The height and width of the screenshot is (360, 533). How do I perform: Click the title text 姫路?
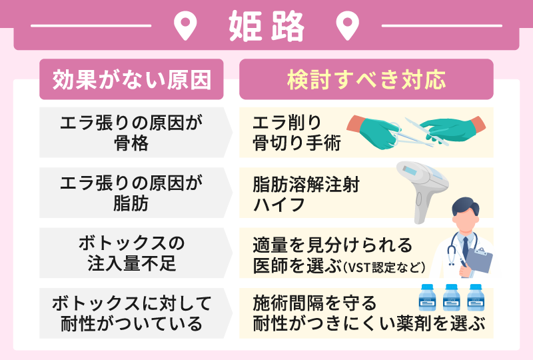point(266,27)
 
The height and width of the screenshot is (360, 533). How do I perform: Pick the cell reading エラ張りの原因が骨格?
point(131,132)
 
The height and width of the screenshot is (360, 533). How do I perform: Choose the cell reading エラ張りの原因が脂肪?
point(131,193)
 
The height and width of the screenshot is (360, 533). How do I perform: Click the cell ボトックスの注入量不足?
point(131,253)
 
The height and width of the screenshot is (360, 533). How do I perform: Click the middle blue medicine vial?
point(452,297)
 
